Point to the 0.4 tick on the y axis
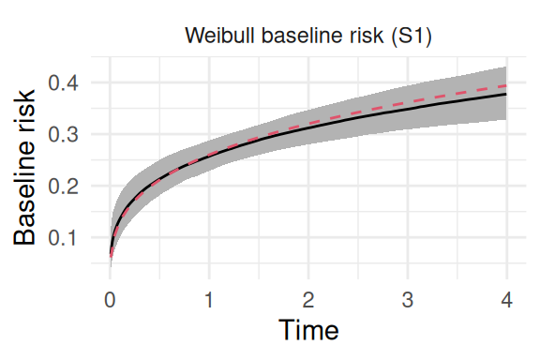pyautogui.click(x=63, y=82)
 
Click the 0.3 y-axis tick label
pyautogui.click(x=63, y=134)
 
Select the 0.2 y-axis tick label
pyautogui.click(x=63, y=186)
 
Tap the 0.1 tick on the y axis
pyautogui.click(x=63, y=238)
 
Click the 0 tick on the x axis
pyautogui.click(x=110, y=300)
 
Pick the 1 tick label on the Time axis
pyautogui.click(x=209, y=300)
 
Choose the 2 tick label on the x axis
pyautogui.click(x=308, y=300)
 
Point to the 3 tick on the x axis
pyautogui.click(x=408, y=300)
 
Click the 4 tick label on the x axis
pyautogui.click(x=506, y=300)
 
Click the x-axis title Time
pyautogui.click(x=308, y=330)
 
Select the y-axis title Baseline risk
pyautogui.click(x=24, y=168)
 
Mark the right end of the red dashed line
pyautogui.click(x=506, y=85)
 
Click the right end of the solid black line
pyautogui.click(x=506, y=94)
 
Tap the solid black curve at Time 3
pyautogui.click(x=408, y=109)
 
